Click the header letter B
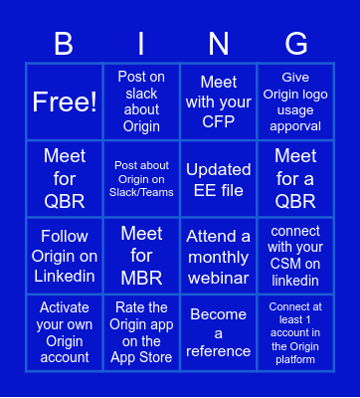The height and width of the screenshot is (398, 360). pyautogui.click(x=65, y=43)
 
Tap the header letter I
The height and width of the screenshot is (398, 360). pyautogui.click(x=141, y=43)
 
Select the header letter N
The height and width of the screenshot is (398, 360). pyautogui.click(x=219, y=43)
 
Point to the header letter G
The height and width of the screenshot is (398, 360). pyautogui.click(x=295, y=43)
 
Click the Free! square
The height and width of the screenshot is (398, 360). pyautogui.click(x=65, y=101)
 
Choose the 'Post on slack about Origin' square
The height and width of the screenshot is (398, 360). pyautogui.click(x=141, y=101)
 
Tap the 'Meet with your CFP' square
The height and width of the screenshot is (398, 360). pyautogui.click(x=219, y=101)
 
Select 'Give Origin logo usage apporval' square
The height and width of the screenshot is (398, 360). pyautogui.click(x=295, y=101)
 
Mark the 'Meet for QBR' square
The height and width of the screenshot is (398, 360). pyautogui.click(x=65, y=178)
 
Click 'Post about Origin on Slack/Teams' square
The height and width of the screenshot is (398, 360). pyautogui.click(x=141, y=178)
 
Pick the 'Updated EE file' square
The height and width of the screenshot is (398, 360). pyautogui.click(x=219, y=178)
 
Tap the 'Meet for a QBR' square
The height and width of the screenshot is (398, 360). pyautogui.click(x=295, y=178)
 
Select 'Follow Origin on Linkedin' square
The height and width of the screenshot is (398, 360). pyautogui.click(x=65, y=256)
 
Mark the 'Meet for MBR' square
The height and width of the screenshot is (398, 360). pyautogui.click(x=141, y=256)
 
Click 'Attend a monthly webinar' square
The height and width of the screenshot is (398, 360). pyautogui.click(x=219, y=256)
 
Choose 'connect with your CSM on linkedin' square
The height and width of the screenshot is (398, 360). pyautogui.click(x=295, y=256)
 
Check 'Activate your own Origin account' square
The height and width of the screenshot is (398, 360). pyautogui.click(x=65, y=332)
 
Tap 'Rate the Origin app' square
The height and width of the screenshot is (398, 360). pyautogui.click(x=141, y=332)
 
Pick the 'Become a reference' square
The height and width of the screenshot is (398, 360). pyautogui.click(x=219, y=332)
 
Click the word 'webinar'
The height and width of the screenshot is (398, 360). pyautogui.click(x=219, y=274)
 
